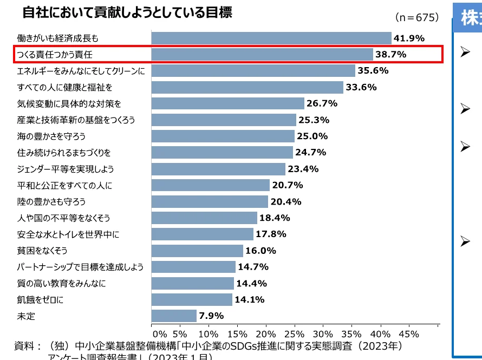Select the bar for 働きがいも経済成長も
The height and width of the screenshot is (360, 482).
coord(271,38)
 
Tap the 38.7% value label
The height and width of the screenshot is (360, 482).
coord(390,55)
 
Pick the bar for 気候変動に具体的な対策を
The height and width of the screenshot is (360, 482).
coord(227,103)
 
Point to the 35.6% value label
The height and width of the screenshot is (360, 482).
coord(373,71)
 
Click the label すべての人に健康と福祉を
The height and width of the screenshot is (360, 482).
coord(64,87)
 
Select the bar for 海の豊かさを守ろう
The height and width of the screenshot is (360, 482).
coord(223,136)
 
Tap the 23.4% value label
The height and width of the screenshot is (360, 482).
coord(303,169)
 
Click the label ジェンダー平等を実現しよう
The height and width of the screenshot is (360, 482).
coord(65,169)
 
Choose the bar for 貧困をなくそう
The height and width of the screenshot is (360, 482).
coord(197,251)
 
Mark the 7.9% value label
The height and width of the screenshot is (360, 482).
coord(211,316)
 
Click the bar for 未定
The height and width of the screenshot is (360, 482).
coord(174,316)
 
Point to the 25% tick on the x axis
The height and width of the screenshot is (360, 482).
coord(295,334)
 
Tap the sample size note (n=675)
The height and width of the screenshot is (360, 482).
coord(417,17)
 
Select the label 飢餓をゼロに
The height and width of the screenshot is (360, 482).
coord(40,299)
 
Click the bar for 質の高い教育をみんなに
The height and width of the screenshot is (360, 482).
coord(192,283)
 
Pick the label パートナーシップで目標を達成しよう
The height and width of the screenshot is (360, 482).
coord(80,267)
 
